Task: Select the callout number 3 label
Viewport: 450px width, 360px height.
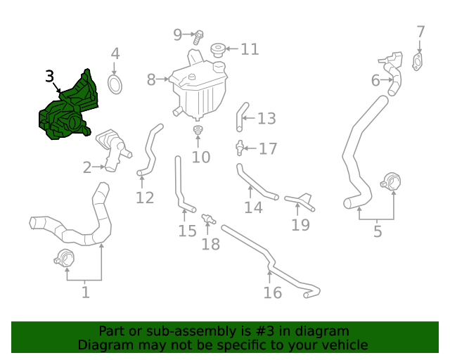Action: pyautogui.click(x=49, y=76)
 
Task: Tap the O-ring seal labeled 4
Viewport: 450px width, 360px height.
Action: pyautogui.click(x=115, y=85)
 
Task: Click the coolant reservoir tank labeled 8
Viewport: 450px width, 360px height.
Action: pyautogui.click(x=197, y=88)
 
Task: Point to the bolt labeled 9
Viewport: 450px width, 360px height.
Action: pyautogui.click(x=199, y=34)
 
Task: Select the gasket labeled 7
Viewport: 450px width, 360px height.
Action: pyautogui.click(x=420, y=62)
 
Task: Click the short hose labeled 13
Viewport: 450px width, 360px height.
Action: pyautogui.click(x=241, y=115)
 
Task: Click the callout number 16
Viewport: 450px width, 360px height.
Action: pyautogui.click(x=272, y=293)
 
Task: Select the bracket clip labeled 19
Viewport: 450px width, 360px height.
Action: pyautogui.click(x=301, y=201)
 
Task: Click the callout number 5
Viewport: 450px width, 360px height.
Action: pyautogui.click(x=378, y=231)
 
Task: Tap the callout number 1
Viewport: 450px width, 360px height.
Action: pyautogui.click(x=85, y=291)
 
